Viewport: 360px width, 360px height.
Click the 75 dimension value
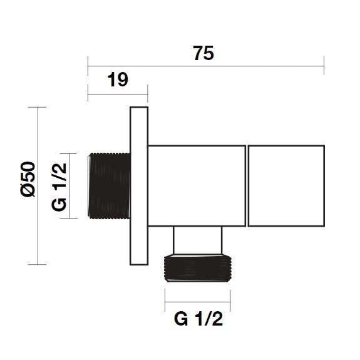(x=203, y=53)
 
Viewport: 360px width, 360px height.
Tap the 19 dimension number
(x=118, y=80)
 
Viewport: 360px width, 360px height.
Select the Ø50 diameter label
(x=28, y=179)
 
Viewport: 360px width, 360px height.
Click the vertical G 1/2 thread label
(x=59, y=187)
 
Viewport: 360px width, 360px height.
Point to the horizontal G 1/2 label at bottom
(x=198, y=319)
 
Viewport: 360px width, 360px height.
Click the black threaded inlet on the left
(x=109, y=186)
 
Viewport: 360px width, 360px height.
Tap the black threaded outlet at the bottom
(x=198, y=268)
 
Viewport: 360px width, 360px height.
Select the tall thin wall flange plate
(x=139, y=186)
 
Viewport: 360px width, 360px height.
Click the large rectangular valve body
(x=197, y=186)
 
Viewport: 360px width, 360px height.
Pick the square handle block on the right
(x=286, y=186)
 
